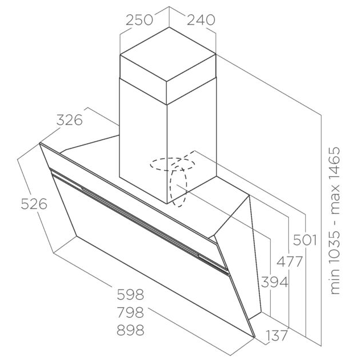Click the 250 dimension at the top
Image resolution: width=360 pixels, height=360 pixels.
[x=139, y=20]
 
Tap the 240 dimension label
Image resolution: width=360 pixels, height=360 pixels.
[x=201, y=20]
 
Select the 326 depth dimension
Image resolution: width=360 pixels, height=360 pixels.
[x=69, y=120]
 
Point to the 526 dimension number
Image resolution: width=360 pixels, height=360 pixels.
[x=34, y=204]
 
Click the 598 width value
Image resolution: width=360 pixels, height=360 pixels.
[x=130, y=295]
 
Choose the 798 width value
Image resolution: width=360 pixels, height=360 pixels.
[x=130, y=312]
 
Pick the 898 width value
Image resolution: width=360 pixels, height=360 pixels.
[x=130, y=330]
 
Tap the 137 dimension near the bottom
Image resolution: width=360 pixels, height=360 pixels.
[x=276, y=336]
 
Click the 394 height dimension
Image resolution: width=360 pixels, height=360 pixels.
[x=275, y=282]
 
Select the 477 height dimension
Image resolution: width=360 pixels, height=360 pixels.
[x=289, y=262]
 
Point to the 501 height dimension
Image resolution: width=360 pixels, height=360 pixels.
[x=305, y=241]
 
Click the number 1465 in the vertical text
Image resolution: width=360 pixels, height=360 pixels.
[x=334, y=162]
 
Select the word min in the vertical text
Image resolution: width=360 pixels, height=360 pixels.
[x=334, y=282]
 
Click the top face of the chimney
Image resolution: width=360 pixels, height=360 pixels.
[x=168, y=54]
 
